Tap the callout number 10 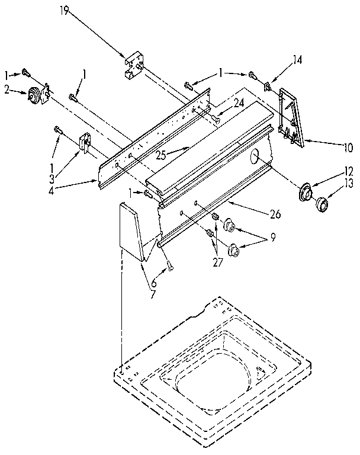click(x=347, y=146)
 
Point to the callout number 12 click(x=348, y=172)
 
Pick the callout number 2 click(x=7, y=90)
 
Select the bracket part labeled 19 click(x=134, y=66)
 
